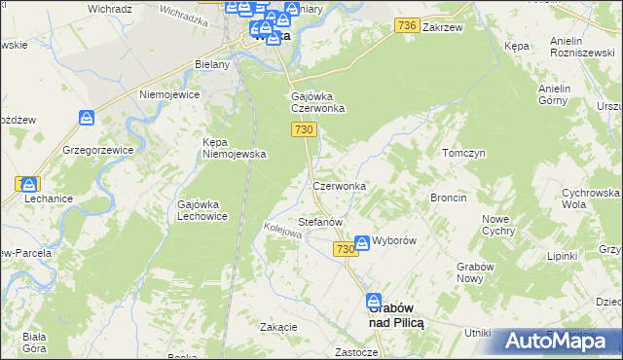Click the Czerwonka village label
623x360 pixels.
(339, 186)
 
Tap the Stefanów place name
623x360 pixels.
(320, 222)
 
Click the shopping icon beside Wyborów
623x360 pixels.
(362, 241)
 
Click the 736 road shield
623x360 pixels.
(408, 29)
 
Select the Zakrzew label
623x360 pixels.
(441, 29)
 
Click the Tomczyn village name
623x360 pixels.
(463, 154)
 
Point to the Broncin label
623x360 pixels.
(448, 198)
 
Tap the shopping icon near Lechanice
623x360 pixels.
(30, 183)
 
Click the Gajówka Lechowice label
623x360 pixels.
(202, 210)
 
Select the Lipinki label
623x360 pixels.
(563, 256)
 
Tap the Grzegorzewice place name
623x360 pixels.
(96, 151)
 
